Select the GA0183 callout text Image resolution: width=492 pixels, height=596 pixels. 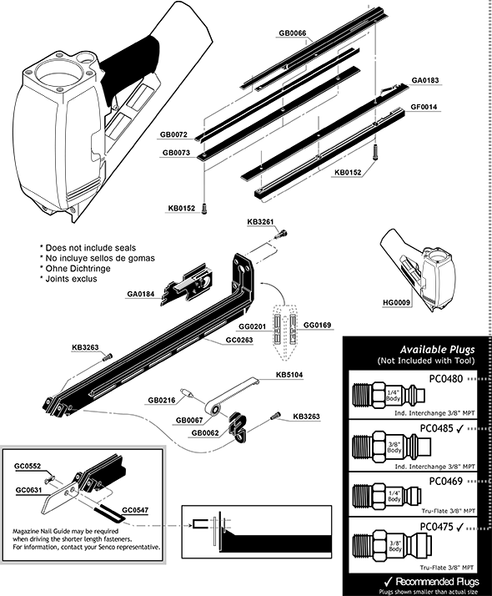pos(425,80)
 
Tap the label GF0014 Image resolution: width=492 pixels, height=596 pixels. pos(425,107)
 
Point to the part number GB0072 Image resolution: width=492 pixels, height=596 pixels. pos(174,135)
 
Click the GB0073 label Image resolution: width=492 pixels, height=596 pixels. pos(174,153)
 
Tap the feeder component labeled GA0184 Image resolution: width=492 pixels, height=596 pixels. pos(190,282)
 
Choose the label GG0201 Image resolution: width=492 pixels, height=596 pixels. pos(253,325)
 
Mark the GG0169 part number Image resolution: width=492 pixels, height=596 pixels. pos(318,325)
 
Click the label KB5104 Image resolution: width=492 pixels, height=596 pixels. pos(289,375)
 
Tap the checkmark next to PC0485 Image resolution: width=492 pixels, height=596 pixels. pos(470,429)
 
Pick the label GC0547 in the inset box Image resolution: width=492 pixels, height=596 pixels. pos(136,508)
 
